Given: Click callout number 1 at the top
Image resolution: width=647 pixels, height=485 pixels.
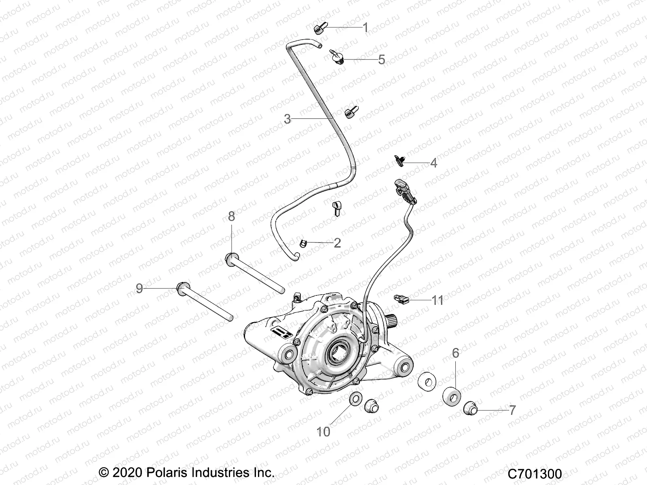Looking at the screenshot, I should pos(366,27).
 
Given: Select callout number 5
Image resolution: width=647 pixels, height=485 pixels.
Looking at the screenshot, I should pos(381,59).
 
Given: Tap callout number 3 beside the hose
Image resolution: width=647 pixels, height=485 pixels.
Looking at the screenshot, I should pos(287,119).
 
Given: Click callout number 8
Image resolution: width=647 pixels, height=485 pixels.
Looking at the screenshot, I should pos(231,216).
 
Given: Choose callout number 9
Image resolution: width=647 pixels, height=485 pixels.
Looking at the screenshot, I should pos(140,288).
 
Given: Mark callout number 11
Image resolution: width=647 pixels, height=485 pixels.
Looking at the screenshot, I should pos(438,300).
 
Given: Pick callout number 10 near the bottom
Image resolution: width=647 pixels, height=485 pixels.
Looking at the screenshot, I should pos(323,432).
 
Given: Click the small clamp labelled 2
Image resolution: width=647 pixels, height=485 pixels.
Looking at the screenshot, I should pos(302,242).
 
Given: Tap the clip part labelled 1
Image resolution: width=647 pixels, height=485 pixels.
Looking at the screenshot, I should pos(318,28).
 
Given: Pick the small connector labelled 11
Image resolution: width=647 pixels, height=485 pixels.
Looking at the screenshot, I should pos(400,299).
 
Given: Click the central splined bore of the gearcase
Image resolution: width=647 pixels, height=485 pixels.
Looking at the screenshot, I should pos(338,352).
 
